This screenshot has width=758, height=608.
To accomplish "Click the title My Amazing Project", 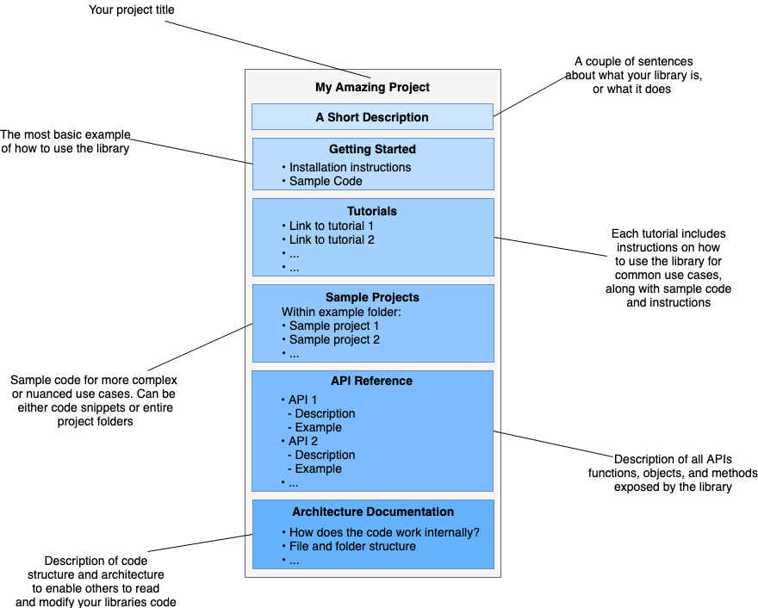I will click(x=372, y=87).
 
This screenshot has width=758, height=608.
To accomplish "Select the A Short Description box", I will click(x=372, y=117).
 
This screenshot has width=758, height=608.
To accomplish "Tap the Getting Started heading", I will click(x=372, y=149).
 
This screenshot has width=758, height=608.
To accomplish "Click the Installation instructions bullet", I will click(x=350, y=167).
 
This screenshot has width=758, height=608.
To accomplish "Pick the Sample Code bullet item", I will click(x=326, y=181).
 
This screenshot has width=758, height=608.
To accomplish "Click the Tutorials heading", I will click(x=372, y=211).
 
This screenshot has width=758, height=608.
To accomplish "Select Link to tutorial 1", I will click(x=332, y=226).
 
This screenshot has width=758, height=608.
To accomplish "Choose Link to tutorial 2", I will click(x=332, y=239).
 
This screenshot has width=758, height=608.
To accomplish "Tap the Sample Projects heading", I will click(x=372, y=297).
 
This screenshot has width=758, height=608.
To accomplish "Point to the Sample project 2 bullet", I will click(x=334, y=339).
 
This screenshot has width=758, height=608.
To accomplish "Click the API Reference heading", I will click(x=372, y=381).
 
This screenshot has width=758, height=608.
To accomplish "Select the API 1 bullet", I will click(x=302, y=400).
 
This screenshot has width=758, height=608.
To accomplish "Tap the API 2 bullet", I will click(x=302, y=441).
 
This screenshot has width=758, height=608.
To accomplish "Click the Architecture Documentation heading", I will click(x=372, y=512).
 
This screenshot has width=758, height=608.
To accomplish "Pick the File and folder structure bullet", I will click(x=352, y=546).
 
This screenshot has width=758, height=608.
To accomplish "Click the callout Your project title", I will click(x=131, y=11).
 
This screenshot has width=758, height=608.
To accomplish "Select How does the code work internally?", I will click(x=384, y=532).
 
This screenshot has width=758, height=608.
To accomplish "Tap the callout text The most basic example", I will click(x=65, y=134).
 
